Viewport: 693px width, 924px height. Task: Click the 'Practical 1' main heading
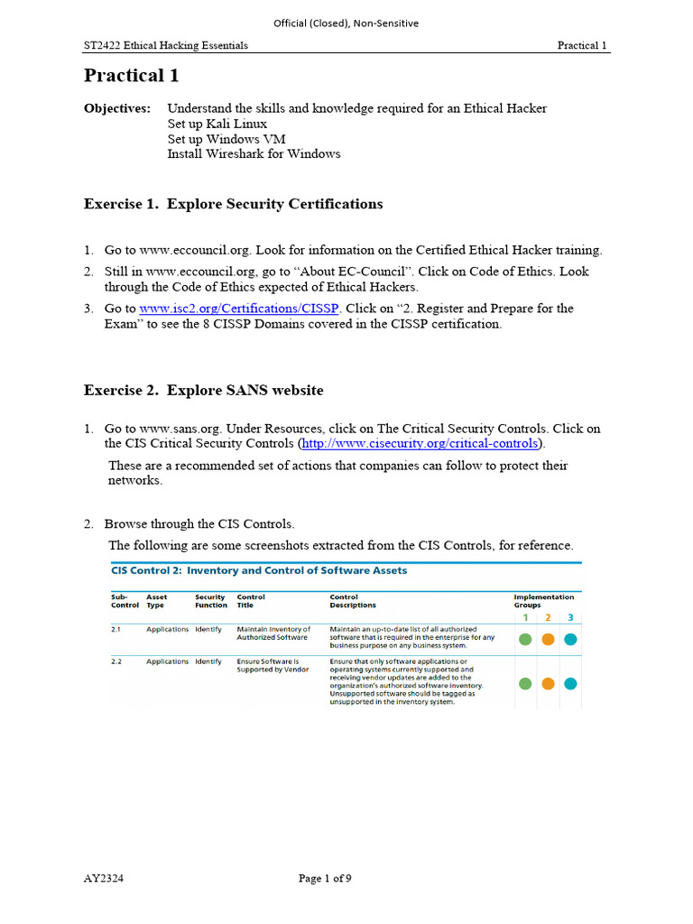125,76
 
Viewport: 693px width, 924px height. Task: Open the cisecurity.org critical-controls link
420,444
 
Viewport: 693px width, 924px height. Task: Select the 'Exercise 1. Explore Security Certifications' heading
233,204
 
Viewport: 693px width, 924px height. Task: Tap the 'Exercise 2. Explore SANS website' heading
203,391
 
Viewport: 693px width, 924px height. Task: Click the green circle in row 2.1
525,640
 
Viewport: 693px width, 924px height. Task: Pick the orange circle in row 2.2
548,683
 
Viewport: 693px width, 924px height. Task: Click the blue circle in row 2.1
570,640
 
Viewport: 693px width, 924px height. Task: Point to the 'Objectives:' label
117,108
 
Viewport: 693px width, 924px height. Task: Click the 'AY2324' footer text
104,880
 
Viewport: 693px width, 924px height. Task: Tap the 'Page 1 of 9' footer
325,880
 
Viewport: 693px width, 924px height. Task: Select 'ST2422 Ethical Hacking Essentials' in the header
166,45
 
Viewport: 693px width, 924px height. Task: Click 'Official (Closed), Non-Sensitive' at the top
346,23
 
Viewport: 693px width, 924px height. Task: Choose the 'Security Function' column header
211,601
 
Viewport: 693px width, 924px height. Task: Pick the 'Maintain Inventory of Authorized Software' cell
273,633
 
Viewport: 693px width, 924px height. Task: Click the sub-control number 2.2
116,661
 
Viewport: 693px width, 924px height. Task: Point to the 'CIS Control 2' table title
259,570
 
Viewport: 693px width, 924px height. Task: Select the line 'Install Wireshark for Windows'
254,154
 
